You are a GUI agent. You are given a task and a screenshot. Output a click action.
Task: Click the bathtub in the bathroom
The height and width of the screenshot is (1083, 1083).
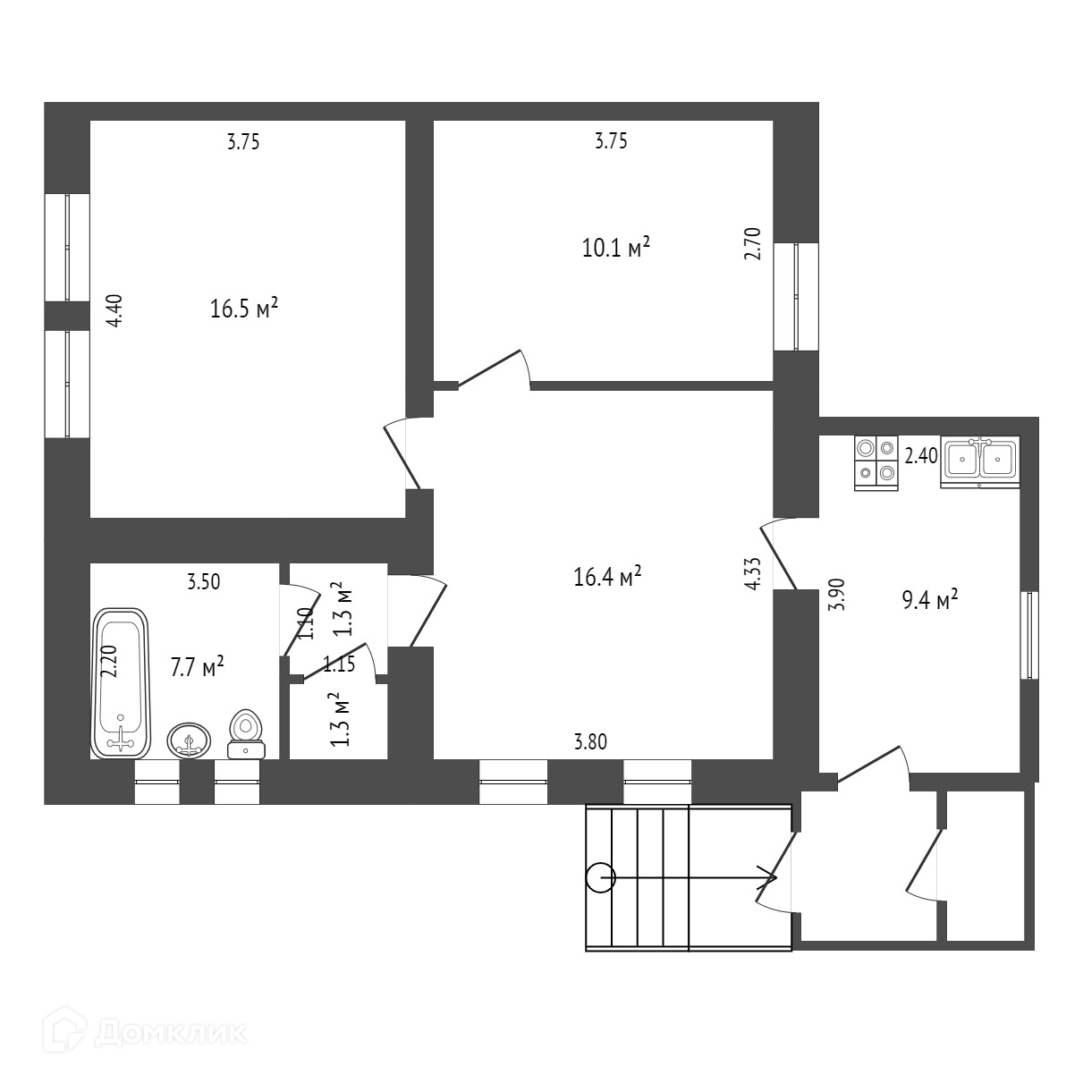coord(120,683)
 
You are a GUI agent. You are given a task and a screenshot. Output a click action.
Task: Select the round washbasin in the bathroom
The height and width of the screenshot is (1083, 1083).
coord(189,740)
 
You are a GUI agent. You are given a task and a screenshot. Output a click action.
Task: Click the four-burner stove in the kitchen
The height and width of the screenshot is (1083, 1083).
coord(876,461)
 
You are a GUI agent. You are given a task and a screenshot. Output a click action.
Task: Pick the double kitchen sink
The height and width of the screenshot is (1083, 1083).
coord(980,461)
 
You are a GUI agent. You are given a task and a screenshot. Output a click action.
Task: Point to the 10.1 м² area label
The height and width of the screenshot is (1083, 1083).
coord(615,247)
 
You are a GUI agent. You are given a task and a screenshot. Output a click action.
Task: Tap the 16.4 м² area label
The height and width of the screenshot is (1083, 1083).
coord(607,577)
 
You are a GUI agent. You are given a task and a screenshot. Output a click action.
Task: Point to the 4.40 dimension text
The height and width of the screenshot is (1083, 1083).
coord(114,311)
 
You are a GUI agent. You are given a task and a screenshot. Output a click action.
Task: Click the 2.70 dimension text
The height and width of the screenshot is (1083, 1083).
coord(752,243)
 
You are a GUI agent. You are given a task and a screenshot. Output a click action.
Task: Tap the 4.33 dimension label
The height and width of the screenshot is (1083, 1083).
coord(753,573)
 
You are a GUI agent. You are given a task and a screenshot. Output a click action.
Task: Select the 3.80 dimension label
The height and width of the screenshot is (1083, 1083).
coord(589,740)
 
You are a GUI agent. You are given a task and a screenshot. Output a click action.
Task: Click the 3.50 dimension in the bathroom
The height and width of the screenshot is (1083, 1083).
coord(203,582)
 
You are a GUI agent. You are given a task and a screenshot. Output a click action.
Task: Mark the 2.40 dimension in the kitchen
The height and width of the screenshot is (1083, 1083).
coord(921,456)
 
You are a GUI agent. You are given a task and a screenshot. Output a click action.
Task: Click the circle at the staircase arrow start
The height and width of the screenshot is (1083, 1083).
coord(599,879)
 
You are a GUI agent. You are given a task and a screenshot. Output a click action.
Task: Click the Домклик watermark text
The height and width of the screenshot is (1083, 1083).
coord(170,1033)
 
